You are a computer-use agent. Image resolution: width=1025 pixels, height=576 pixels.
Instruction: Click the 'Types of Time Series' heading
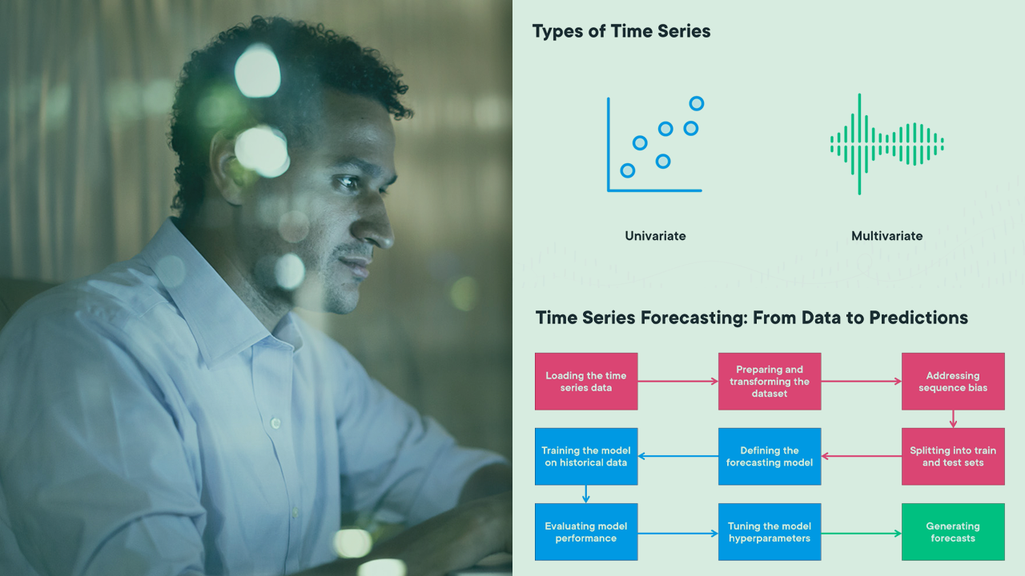coord(621,32)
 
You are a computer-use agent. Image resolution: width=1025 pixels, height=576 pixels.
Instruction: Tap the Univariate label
coord(655,236)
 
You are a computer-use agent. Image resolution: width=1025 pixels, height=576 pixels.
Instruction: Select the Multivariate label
coord(886,236)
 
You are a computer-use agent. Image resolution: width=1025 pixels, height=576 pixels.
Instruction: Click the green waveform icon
coord(886,144)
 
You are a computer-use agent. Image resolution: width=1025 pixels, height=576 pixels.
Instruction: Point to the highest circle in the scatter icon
coord(697,103)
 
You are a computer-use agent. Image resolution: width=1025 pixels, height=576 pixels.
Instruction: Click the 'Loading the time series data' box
coord(586,382)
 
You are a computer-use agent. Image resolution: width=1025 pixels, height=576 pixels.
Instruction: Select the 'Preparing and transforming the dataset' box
coord(770,382)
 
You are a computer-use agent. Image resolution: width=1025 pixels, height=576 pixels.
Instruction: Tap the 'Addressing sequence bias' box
coord(953,382)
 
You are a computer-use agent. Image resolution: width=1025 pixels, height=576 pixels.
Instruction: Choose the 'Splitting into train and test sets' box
coord(953,456)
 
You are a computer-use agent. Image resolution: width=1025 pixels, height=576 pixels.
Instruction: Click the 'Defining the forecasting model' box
coord(770,456)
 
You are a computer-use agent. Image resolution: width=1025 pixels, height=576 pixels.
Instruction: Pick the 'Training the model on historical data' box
coord(586,456)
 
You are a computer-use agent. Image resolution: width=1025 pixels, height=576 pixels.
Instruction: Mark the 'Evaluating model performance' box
coord(586,532)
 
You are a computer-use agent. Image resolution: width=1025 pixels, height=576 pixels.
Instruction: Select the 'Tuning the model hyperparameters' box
coord(770,532)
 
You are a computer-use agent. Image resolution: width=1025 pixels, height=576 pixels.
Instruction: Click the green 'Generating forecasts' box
coord(953,532)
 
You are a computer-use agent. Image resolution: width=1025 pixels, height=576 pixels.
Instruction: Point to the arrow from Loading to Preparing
coord(677,382)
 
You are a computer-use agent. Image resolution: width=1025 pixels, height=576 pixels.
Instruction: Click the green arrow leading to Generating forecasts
coord(861,532)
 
